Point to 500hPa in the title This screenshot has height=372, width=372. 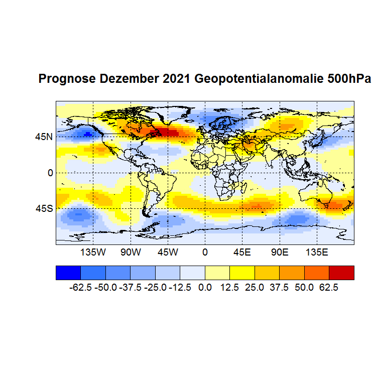pos(349,79)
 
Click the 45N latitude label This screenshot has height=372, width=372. pos(44,137)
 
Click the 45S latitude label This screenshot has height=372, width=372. pos(44,208)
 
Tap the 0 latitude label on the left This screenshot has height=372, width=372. pos(50,173)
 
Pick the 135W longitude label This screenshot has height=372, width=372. pos(93,252)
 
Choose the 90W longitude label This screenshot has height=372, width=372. pos(130,252)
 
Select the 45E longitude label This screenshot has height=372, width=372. pos(242,252)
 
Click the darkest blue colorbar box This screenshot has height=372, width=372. pos(68,272)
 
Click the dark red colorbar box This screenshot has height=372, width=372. pos(341,272)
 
